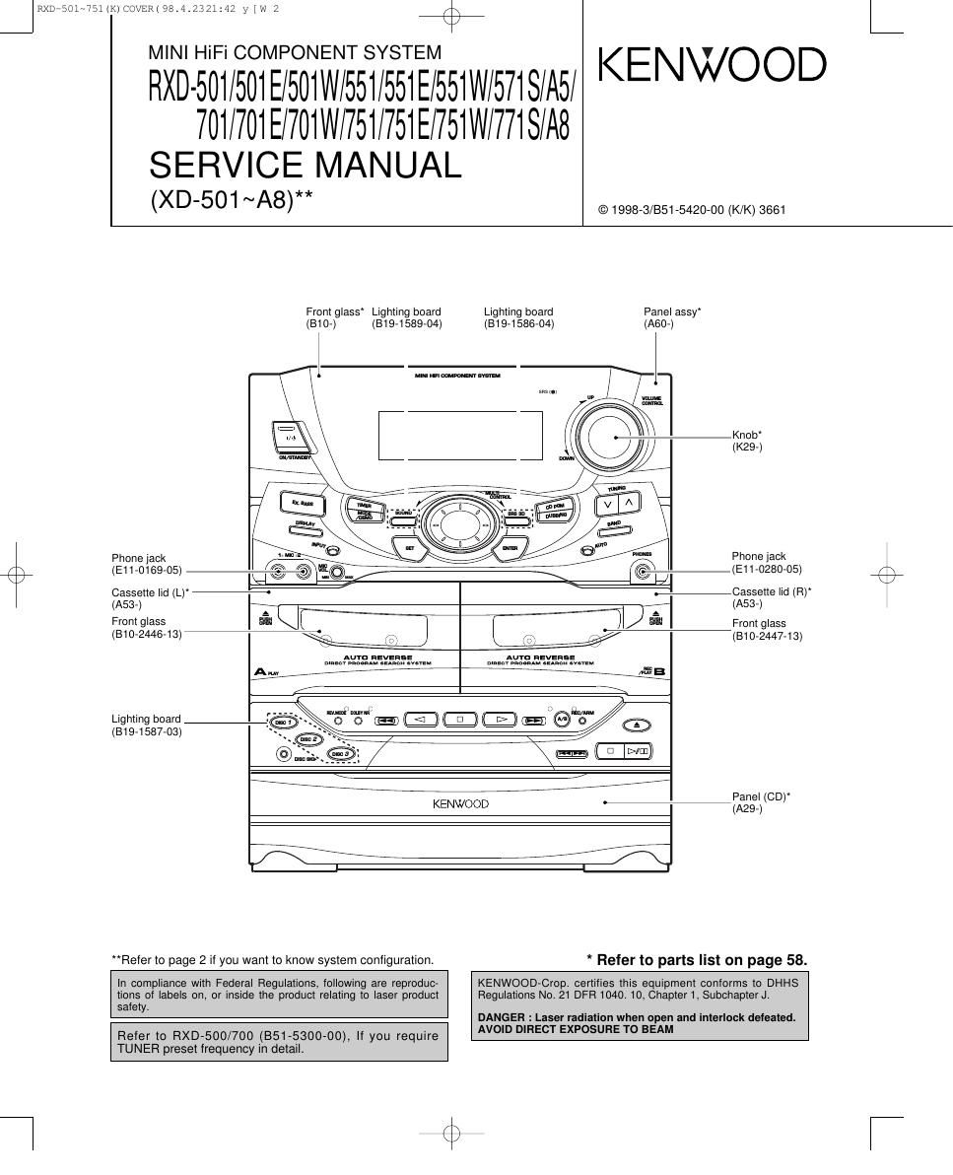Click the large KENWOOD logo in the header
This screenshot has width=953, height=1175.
(x=712, y=66)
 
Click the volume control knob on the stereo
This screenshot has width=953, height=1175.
(x=607, y=436)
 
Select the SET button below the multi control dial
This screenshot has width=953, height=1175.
(x=409, y=548)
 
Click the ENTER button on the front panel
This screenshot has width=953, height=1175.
(x=510, y=548)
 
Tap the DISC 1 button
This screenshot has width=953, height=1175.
(x=284, y=724)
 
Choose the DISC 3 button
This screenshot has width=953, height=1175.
(x=339, y=754)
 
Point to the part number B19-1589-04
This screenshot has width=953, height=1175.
(x=406, y=323)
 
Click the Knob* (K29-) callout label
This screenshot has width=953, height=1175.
(x=746, y=441)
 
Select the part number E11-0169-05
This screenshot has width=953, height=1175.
(x=147, y=570)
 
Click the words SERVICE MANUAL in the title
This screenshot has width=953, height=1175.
(x=306, y=166)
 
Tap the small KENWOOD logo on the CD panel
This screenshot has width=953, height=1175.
(x=460, y=804)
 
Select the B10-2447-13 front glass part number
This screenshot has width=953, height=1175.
(x=767, y=636)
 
